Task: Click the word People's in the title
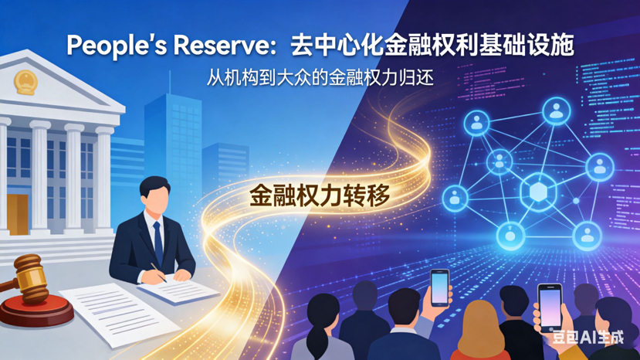point(117,45)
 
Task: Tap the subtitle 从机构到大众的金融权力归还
point(320,77)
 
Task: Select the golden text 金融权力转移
point(320,195)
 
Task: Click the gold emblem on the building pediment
point(25,82)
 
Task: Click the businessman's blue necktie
point(158,243)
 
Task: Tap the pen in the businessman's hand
point(159,273)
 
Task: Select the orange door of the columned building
point(18,215)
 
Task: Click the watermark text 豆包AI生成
point(588,338)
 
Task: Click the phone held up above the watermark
point(550,307)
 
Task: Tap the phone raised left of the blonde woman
point(439,288)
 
